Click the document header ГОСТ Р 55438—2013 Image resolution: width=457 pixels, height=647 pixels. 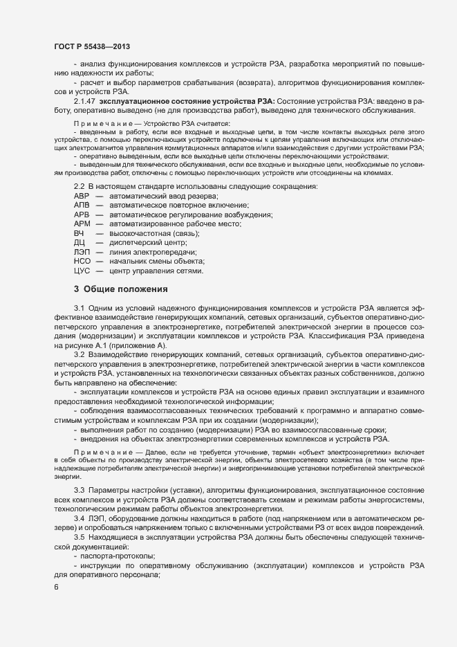[x=91, y=46]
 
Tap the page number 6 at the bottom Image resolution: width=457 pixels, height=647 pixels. [x=56, y=587]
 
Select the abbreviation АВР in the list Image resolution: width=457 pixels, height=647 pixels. [x=82, y=197]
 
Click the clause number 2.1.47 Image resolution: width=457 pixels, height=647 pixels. [x=86, y=101]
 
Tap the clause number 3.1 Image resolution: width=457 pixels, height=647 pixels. [x=79, y=307]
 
